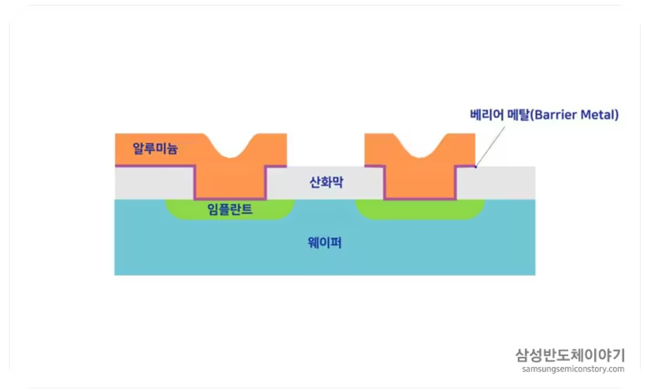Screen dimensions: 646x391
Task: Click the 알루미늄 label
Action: pyautogui.click(x=155, y=149)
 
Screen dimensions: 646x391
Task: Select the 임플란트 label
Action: pyautogui.click(x=230, y=210)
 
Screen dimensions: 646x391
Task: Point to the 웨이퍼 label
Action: pyautogui.click(x=324, y=243)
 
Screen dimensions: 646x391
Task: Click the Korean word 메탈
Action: pyautogui.click(x=510, y=115)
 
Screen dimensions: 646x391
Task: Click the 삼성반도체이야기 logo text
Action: pyautogui.click(x=570, y=354)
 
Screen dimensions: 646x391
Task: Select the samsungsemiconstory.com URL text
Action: pyautogui.click(x=573, y=369)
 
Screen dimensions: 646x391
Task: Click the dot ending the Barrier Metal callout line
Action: pyautogui.click(x=475, y=167)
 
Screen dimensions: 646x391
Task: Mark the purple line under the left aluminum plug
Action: pyautogui.click(x=230, y=199)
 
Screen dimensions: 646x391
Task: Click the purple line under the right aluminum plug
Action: pyautogui.click(x=420, y=199)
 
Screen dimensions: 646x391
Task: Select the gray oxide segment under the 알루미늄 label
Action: pyautogui.click(x=154, y=183)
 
